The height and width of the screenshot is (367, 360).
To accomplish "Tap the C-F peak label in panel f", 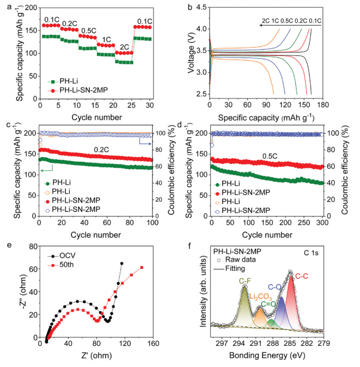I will (x=244, y=281).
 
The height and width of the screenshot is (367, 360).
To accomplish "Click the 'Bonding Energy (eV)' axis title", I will (x=272, y=360).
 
